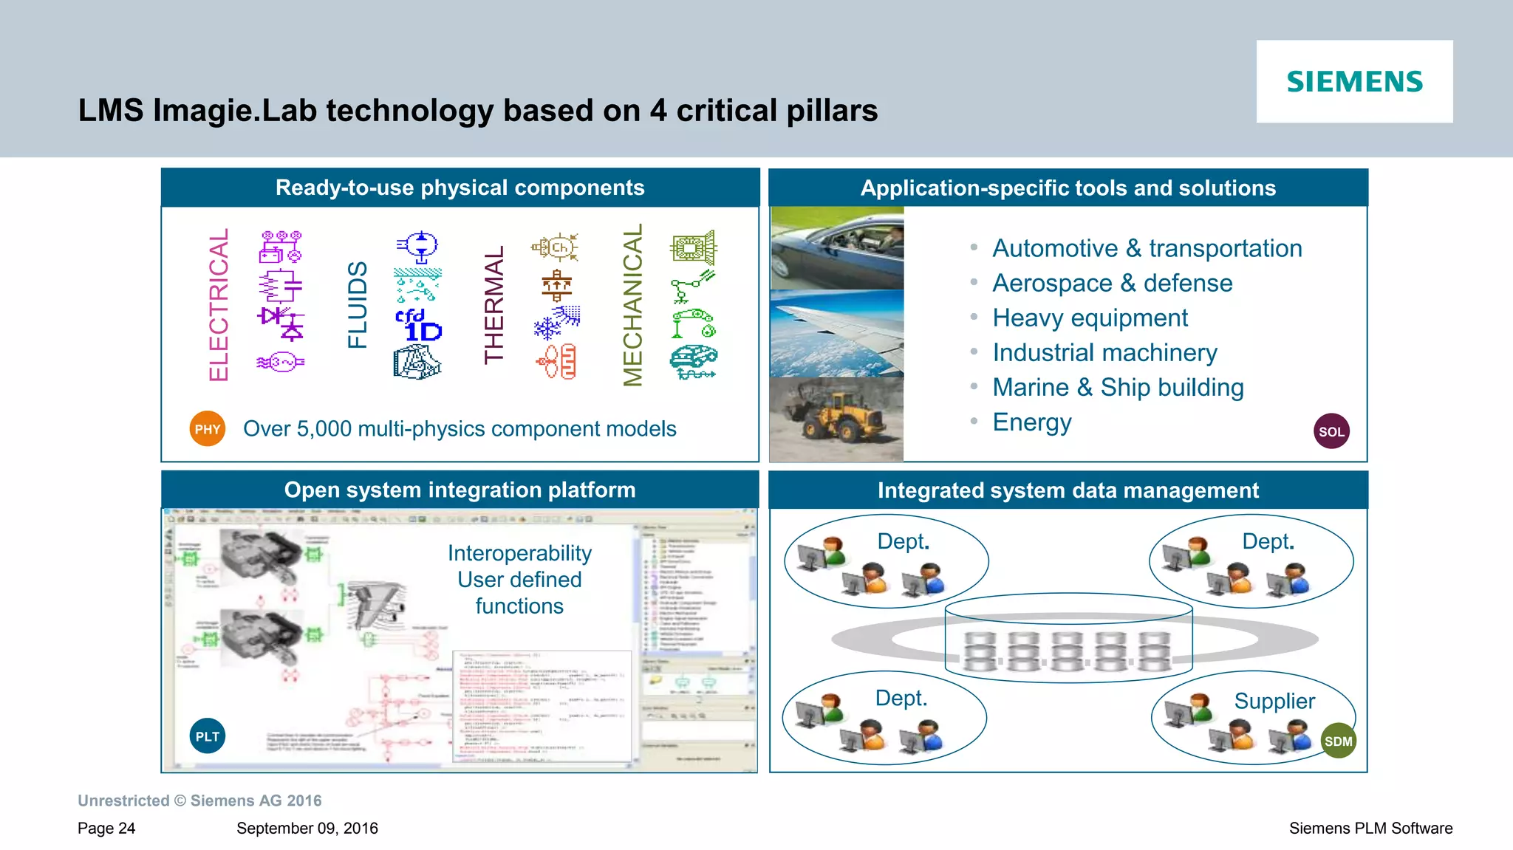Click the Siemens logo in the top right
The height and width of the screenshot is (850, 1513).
(1354, 81)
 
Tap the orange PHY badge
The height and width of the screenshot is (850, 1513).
(208, 429)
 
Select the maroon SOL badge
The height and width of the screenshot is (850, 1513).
(1331, 431)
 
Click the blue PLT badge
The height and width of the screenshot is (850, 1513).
(208, 736)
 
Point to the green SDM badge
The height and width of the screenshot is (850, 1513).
(1338, 741)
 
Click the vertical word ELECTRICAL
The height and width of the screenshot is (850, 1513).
(219, 305)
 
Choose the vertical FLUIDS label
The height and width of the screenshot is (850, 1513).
(358, 305)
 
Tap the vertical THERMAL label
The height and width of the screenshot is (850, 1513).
(494, 305)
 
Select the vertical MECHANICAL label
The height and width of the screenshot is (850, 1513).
(633, 305)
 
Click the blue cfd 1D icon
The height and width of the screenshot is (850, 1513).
(418, 326)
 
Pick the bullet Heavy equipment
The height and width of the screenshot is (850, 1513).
(1090, 318)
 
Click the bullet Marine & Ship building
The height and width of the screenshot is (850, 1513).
(1118, 388)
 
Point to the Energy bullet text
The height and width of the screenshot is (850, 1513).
(1031, 422)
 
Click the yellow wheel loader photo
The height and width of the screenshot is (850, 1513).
(836, 419)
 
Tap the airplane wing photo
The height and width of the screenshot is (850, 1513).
(836, 334)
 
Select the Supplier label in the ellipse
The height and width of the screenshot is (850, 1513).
(1274, 701)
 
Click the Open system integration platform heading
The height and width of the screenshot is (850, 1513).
(460, 490)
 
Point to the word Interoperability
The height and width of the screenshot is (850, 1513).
(519, 553)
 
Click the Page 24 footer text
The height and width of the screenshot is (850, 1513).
(106, 829)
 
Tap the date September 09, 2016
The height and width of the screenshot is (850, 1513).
(307, 829)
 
